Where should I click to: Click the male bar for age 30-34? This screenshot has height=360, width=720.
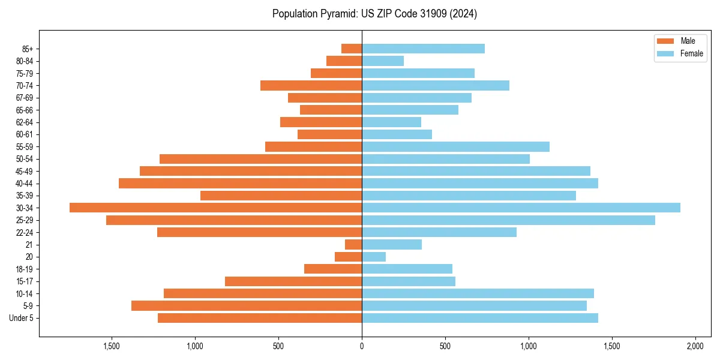coord(216,208)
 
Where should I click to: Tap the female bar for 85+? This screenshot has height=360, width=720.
coord(423,49)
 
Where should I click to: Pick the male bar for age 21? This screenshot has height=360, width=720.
coord(353,244)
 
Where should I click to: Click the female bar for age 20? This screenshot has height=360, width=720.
coord(374,257)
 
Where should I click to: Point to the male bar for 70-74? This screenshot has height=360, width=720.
coord(311,85)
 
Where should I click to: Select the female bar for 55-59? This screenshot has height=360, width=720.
coord(455,146)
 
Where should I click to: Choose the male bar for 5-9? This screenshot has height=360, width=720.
coord(247,305)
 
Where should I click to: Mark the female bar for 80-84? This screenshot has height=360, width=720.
coord(383,61)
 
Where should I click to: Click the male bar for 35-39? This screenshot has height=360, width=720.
coord(281,196)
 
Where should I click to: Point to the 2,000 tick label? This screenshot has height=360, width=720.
coord(695,346)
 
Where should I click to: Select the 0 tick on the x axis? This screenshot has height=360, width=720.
coord(362,346)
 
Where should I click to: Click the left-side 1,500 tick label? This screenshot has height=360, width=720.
coord(112,346)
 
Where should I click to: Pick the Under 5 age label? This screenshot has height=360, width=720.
coord(22,318)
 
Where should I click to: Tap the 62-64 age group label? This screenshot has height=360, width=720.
coord(25,122)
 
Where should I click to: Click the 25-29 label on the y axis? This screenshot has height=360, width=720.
coord(25,220)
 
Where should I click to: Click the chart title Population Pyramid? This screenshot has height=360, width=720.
coord(374,14)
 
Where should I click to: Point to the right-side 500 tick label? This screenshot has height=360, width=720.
coord(445,346)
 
